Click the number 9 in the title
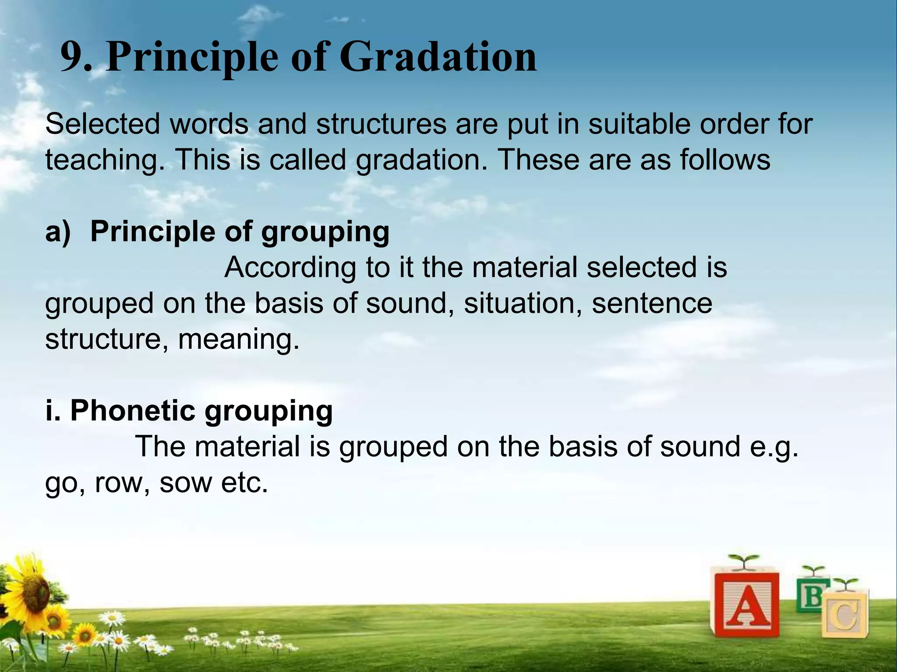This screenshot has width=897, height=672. tap(73, 58)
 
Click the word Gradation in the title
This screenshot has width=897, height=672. tap(438, 57)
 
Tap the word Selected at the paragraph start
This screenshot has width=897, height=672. tap(103, 124)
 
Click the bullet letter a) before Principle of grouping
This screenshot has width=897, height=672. tap(58, 232)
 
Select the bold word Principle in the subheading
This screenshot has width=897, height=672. tap(152, 232)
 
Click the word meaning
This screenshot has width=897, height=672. tap(239, 339)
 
